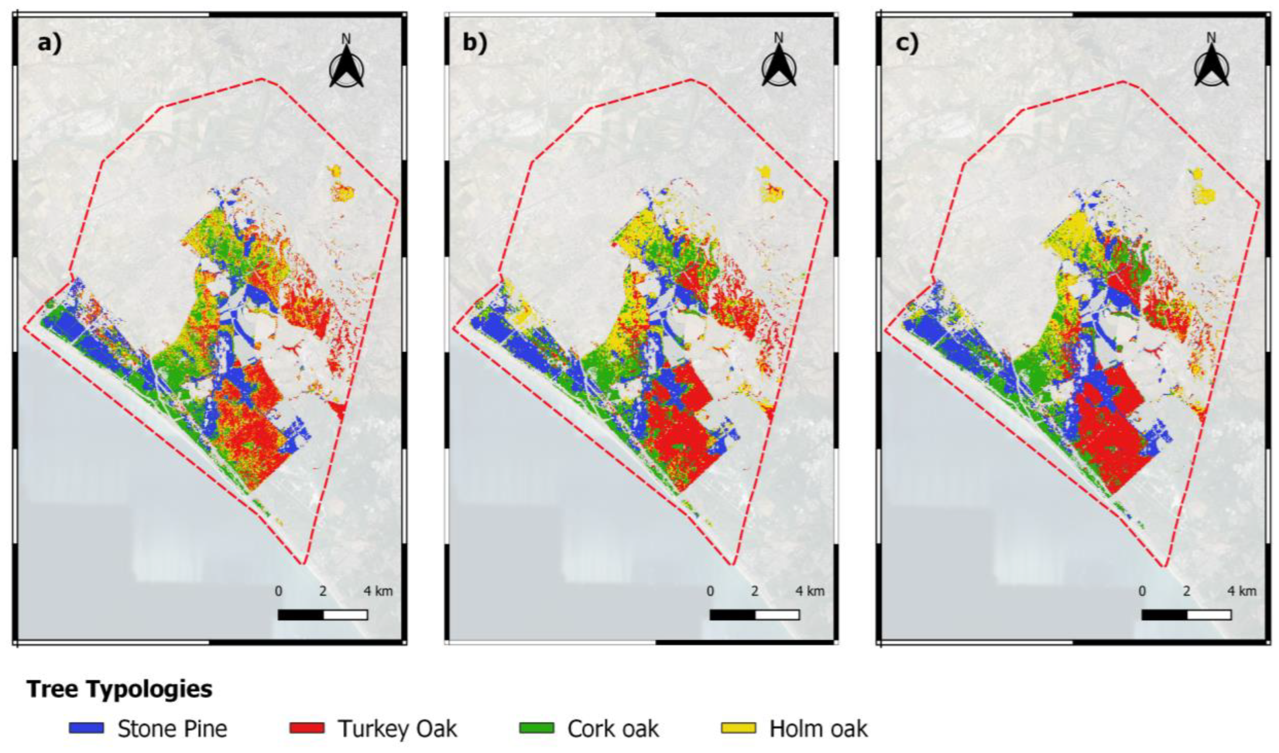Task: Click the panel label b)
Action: pyautogui.click(x=475, y=44)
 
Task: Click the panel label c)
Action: pyautogui.click(x=906, y=44)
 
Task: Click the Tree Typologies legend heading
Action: pyautogui.click(x=120, y=689)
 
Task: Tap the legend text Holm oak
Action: pyautogui.click(x=818, y=729)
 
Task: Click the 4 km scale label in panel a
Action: pyautogui.click(x=377, y=591)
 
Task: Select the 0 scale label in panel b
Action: pyautogui.click(x=710, y=591)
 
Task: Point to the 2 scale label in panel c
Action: pyautogui.click(x=1186, y=591)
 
